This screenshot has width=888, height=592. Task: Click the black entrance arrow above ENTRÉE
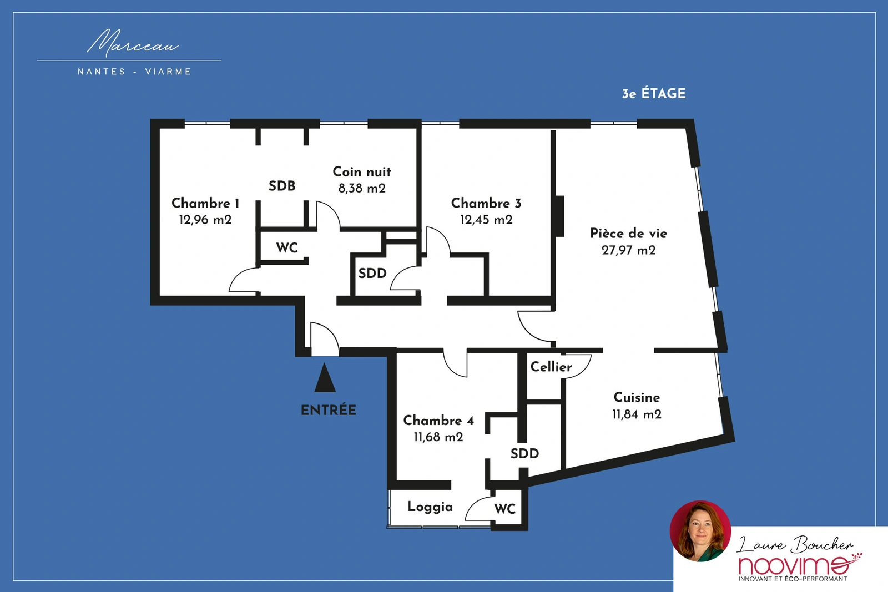pos(325,378)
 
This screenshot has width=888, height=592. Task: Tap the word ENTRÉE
pos(329,410)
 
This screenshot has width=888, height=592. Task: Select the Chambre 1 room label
pos(205,203)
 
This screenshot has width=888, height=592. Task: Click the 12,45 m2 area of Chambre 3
pos(486,220)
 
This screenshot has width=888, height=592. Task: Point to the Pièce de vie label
pos(629,234)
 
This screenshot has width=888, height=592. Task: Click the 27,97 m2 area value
pos(629,250)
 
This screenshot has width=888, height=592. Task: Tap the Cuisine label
pos(637,397)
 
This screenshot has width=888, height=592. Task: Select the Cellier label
pos(551,367)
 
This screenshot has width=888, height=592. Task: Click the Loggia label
pos(430,507)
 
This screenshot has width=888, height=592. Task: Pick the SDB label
pos(282,186)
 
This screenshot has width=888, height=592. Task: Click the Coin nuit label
pos(362,171)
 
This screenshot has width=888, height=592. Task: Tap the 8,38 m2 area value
pos(362,188)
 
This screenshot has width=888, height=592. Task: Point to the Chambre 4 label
pos(438,421)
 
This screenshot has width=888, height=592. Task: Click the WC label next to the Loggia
pos(505,509)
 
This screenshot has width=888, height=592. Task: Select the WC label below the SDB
pos(287,247)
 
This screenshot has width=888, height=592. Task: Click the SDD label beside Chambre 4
pos(524,454)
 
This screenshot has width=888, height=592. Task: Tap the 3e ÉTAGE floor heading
pos(654,94)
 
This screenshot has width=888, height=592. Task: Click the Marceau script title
pos(133,43)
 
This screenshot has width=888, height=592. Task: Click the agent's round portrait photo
pos(700,531)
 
